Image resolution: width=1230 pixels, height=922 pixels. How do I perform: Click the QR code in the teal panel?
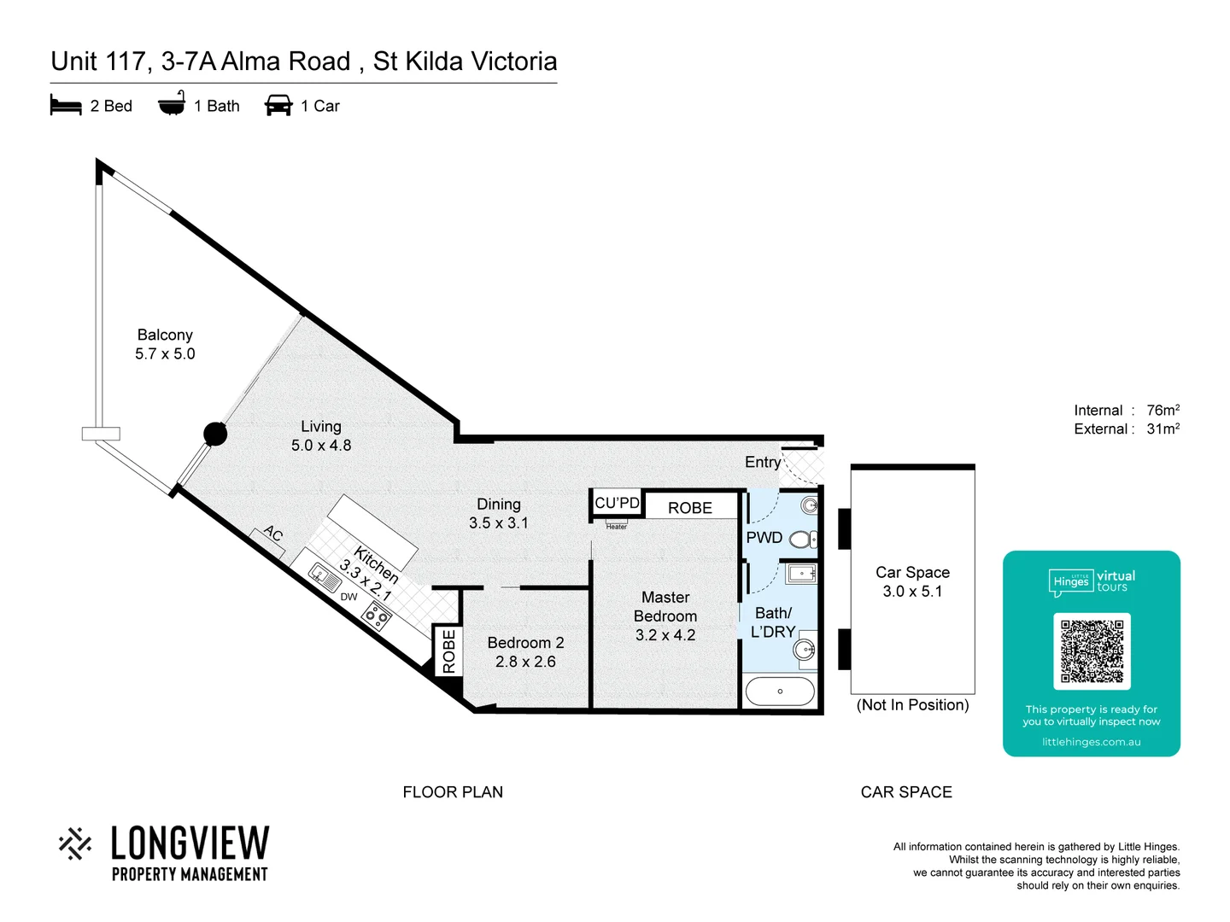pos(1092,651)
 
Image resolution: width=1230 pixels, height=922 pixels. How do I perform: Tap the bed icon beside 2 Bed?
pos(66,106)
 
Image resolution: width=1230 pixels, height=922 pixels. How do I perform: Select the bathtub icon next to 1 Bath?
pos(172,104)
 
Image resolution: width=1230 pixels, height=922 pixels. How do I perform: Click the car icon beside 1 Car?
pos(278,106)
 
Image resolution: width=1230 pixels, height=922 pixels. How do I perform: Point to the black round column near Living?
pos(215,434)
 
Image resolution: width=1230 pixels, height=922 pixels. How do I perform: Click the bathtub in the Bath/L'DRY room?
pos(780,691)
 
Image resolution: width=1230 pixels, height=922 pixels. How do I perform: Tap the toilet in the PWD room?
pos(802,539)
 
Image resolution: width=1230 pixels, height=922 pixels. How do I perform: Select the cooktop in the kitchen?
pos(377,615)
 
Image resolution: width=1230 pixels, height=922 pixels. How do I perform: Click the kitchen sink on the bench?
pos(325,577)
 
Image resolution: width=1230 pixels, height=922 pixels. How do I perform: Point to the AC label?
pos(272,534)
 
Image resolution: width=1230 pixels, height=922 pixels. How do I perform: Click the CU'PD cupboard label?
pos(617,503)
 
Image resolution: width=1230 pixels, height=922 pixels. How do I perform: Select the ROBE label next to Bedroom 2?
pos(448,651)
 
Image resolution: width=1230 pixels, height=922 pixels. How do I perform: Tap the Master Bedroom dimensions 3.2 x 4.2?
pos(665,635)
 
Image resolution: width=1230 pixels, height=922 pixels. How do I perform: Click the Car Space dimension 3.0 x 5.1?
pos(912,591)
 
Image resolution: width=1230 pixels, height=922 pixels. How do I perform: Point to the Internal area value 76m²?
pos(1163,411)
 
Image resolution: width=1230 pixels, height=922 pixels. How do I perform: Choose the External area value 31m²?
pos(1163,429)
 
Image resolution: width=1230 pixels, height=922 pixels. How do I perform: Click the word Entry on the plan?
pos(763,462)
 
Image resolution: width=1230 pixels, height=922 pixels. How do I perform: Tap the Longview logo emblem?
pos(75,843)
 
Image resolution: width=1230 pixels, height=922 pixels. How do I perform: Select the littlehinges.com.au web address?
pos(1091,742)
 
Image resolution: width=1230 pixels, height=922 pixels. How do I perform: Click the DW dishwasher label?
pos(348,597)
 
